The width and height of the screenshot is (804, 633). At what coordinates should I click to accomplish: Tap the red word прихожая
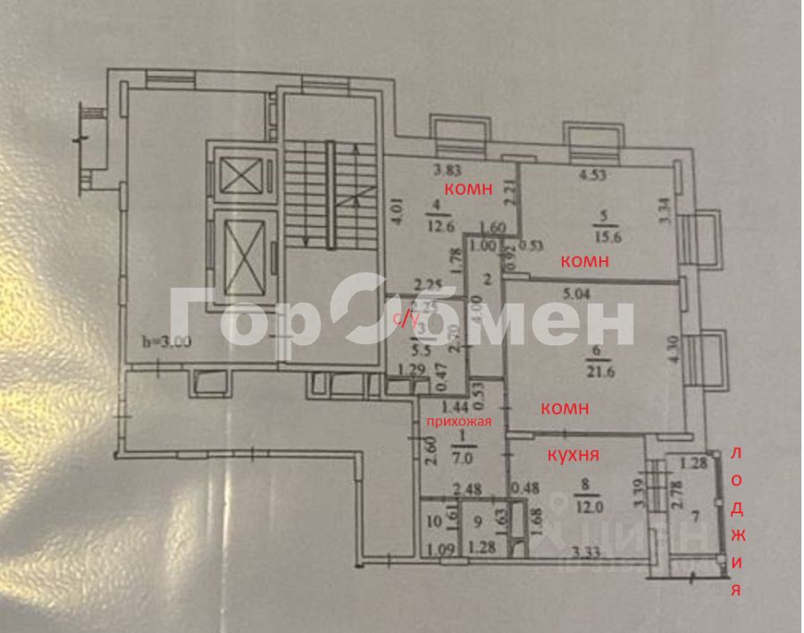tap(458, 420)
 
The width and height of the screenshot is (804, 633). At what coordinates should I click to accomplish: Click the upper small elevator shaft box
tap(241, 173)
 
